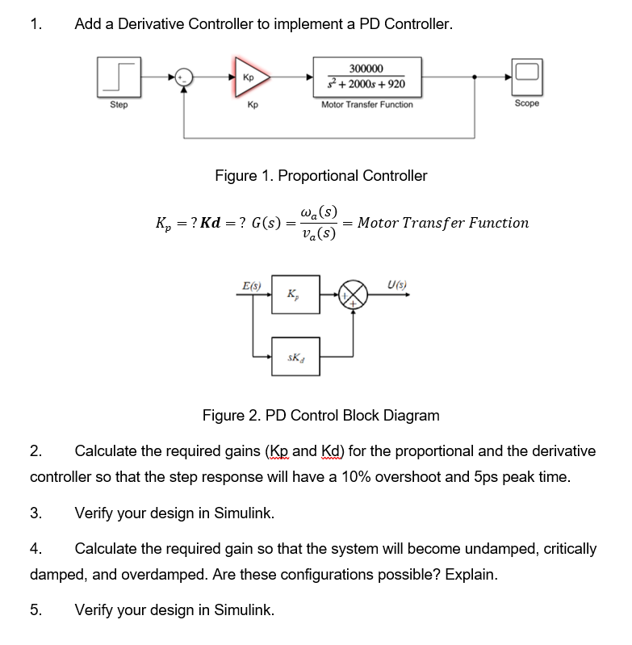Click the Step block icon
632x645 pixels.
118,77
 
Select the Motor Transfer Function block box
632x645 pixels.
367,77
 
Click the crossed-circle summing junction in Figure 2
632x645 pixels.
353,296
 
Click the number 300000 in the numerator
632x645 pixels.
367,69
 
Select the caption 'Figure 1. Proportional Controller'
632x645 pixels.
320,175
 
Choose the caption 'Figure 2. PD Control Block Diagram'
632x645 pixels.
320,416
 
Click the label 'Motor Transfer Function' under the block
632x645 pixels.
366,105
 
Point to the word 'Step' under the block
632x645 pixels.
118,105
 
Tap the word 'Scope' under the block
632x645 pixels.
526,104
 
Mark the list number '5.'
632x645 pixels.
36,610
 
